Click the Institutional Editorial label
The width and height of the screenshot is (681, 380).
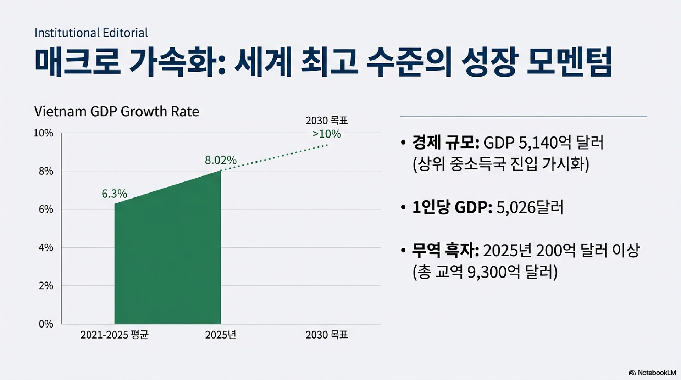91,33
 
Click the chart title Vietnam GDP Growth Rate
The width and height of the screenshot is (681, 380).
116,111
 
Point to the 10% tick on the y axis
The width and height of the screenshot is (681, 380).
43,133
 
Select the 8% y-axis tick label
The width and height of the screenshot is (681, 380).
46,171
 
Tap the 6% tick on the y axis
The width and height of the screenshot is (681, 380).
46,209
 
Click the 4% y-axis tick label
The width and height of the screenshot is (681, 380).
46,247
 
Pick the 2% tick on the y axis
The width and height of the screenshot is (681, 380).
46,286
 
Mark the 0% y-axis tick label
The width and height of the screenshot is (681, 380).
46,324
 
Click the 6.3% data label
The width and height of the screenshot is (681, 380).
114,194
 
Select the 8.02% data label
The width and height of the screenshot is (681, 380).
221,160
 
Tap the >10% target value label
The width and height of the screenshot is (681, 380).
327,134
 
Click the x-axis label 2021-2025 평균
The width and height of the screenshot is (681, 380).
114,335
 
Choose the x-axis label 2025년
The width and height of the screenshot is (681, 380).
221,335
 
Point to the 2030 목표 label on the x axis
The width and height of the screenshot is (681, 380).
327,335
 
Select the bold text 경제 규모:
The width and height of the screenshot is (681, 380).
445,142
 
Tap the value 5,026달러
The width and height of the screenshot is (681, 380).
530,207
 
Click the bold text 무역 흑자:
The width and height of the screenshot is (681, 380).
445,251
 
